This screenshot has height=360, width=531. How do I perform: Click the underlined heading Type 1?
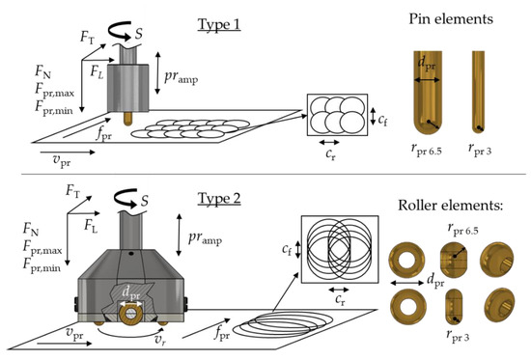(219, 24)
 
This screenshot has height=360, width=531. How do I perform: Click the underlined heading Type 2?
(219, 199)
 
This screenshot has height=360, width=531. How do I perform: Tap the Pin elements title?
(451, 18)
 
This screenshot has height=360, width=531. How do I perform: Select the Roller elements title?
(451, 206)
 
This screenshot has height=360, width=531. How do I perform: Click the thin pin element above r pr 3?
(478, 92)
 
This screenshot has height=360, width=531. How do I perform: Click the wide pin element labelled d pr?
(428, 93)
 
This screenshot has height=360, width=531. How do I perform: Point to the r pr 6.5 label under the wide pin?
(427, 150)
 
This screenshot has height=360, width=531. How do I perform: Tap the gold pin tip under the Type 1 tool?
(127, 118)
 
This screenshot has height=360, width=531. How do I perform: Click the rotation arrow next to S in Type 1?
(121, 31)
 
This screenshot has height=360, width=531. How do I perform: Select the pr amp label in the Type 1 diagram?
(182, 77)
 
